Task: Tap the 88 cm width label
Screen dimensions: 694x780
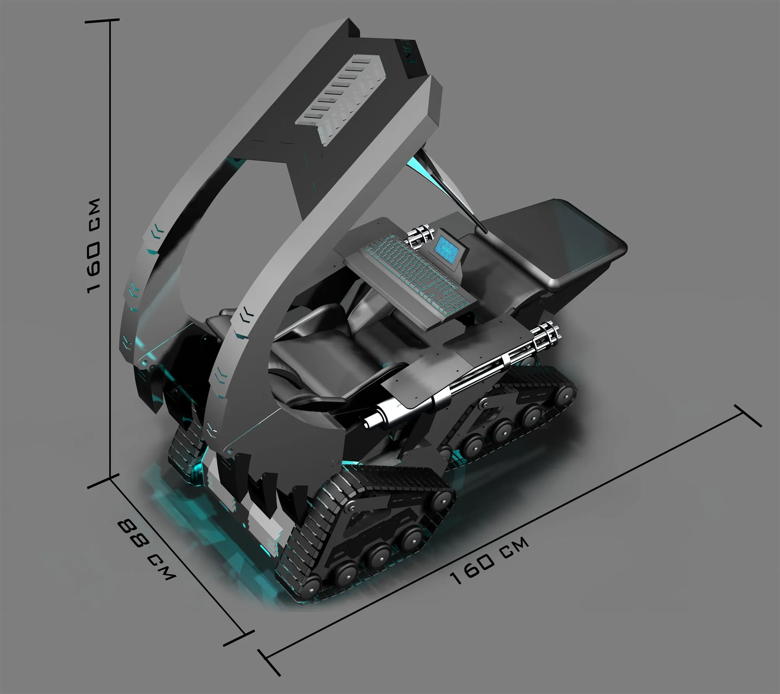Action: (146, 550)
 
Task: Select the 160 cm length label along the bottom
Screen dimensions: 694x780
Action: (490, 565)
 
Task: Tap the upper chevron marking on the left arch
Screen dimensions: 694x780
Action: (158, 230)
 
